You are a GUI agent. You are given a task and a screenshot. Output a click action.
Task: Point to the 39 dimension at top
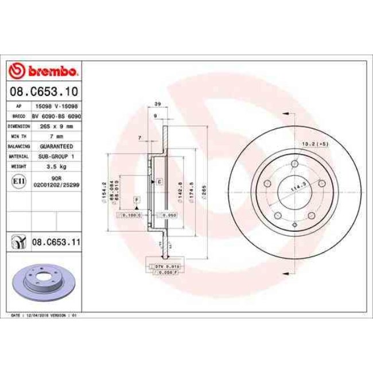pyautogui.click(x=157, y=105)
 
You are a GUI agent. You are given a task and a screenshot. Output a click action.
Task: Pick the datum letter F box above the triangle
pyautogui.click(x=137, y=199)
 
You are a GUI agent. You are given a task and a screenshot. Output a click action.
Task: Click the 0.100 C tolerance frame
pyautogui.click(x=129, y=215)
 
